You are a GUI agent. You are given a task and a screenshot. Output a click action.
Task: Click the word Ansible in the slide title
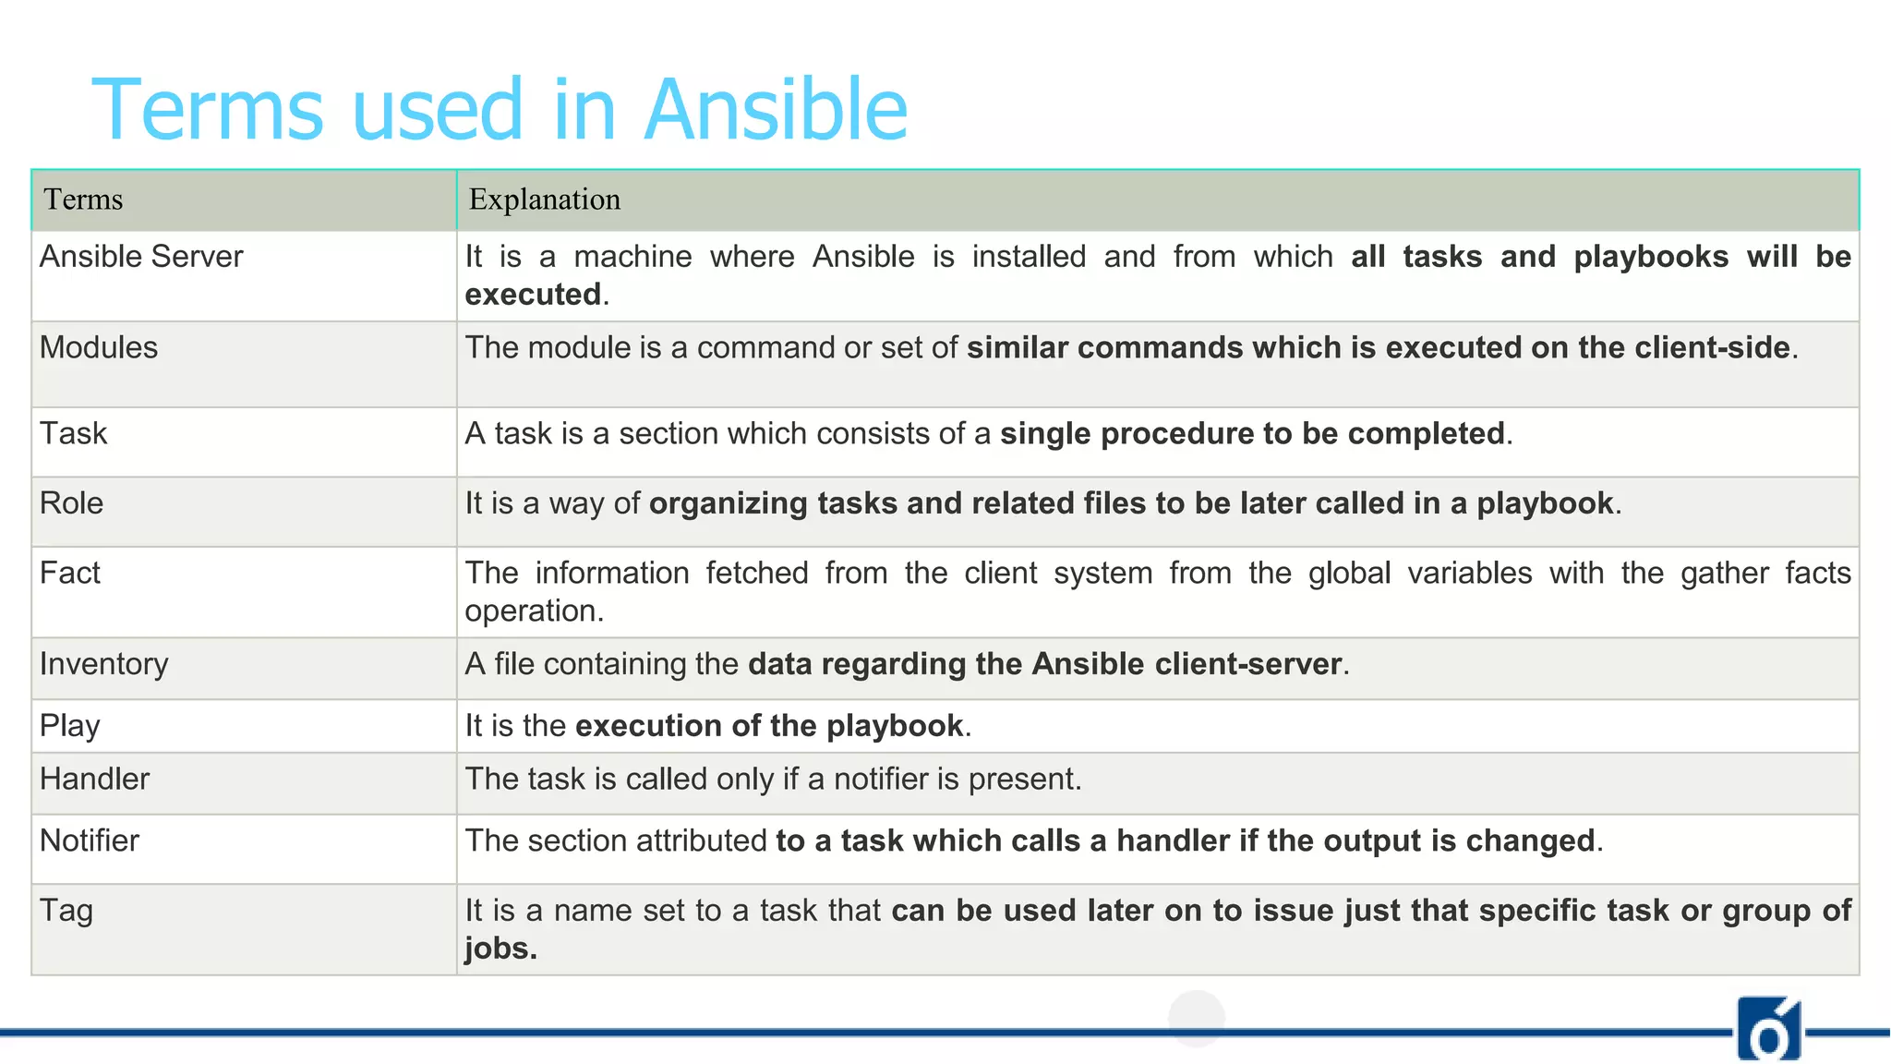[776, 110]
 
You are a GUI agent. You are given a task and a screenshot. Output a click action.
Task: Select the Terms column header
[83, 199]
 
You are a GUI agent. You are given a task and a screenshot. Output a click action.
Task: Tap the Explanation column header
[544, 199]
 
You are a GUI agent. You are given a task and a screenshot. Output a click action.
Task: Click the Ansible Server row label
[141, 256]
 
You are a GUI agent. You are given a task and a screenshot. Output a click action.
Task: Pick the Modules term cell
[99, 347]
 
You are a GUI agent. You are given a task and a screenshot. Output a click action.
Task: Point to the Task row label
[73, 433]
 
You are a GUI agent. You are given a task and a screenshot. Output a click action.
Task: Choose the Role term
[71, 502]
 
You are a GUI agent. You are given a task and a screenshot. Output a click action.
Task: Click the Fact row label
[69, 573]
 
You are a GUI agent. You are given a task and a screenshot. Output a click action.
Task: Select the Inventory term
[103, 664]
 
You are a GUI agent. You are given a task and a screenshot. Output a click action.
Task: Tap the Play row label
[69, 726]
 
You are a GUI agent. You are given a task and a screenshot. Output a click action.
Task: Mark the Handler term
[94, 779]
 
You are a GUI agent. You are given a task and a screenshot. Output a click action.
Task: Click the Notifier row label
[89, 840]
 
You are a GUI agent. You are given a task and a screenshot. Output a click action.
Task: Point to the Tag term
[66, 911]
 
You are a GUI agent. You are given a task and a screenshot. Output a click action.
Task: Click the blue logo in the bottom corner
[1768, 1029]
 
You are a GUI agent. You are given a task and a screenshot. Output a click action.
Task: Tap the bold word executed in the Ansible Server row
[533, 295]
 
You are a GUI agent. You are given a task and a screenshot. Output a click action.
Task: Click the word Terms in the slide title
[208, 110]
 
